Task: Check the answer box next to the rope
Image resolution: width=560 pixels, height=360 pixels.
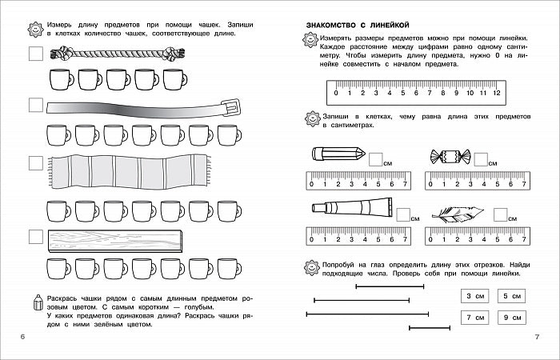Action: [34, 54]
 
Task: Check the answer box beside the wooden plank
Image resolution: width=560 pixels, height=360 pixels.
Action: [34, 237]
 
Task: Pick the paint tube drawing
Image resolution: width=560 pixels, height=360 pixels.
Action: [350, 208]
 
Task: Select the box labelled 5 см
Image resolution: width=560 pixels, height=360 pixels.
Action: [511, 297]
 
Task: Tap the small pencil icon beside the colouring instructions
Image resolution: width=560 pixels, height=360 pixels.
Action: [34, 302]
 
